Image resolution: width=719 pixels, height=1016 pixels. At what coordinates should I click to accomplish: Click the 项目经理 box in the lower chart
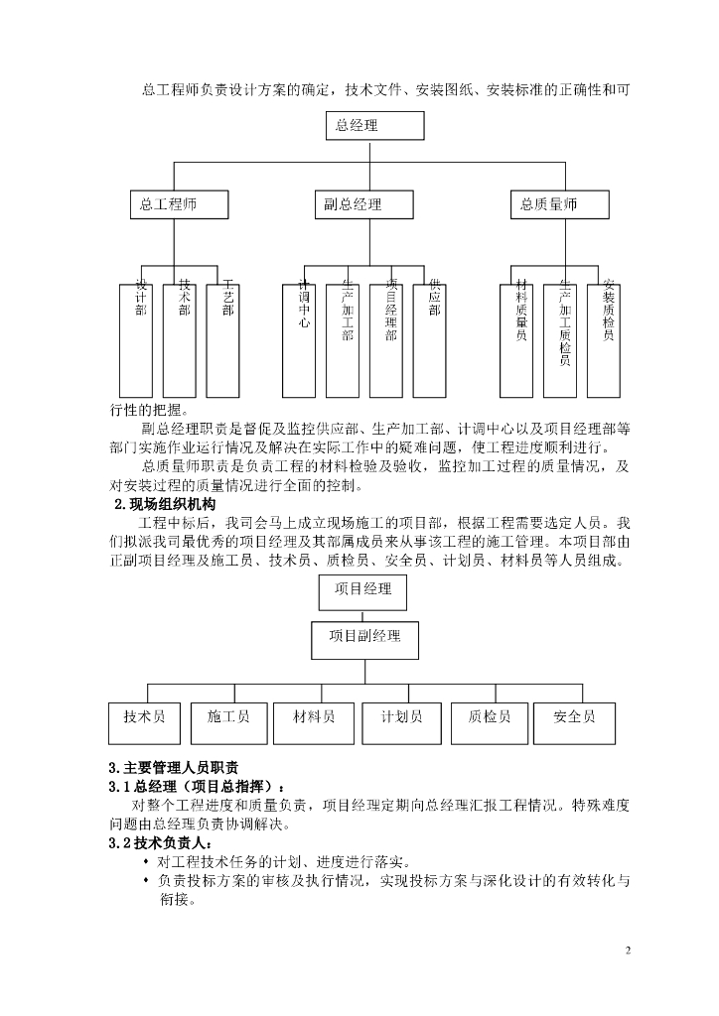pyautogui.click(x=362, y=590)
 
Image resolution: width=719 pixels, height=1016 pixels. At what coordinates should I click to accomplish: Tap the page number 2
pyautogui.click(x=628, y=950)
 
